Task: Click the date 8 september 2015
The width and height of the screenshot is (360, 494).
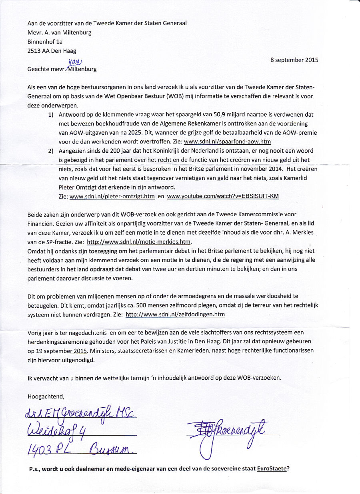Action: [294, 60]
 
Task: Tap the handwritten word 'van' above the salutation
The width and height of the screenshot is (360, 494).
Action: [74, 62]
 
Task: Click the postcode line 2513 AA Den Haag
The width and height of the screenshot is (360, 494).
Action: [52, 51]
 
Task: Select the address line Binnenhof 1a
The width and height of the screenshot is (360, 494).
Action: [45, 41]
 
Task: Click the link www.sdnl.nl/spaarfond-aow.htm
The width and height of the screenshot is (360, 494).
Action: [227, 141]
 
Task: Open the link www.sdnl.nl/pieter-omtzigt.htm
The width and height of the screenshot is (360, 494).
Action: [112, 196]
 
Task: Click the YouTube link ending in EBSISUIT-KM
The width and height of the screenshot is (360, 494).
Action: [223, 196]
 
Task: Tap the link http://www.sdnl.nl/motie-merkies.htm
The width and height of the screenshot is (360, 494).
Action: [139, 242]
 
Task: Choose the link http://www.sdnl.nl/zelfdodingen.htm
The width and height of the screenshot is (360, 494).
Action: [175, 315]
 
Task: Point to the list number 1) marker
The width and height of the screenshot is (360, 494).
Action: [51, 115]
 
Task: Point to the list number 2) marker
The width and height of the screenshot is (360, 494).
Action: [51, 151]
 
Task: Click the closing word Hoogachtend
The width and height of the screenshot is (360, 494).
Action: [46, 396]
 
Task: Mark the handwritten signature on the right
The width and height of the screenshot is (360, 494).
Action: [228, 432]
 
